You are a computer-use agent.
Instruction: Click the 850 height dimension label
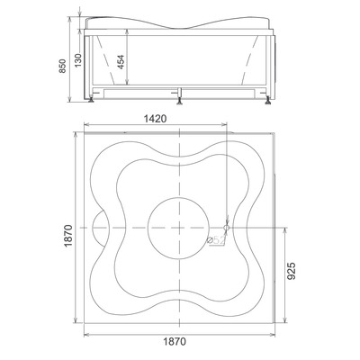pyautogui.click(x=62, y=66)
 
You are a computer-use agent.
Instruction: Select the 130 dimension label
pyautogui.click(x=78, y=60)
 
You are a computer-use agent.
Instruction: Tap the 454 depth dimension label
pyautogui.click(x=121, y=62)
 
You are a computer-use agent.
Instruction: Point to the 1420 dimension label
pyautogui.click(x=155, y=119)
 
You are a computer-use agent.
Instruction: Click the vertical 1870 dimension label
pyautogui.click(x=68, y=236)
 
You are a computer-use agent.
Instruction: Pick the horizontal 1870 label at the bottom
pyautogui.click(x=175, y=341)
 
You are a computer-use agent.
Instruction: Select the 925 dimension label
pyautogui.click(x=292, y=271)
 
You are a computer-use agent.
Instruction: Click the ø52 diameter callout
pyautogui.click(x=216, y=240)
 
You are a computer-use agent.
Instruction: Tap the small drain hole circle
pyautogui.click(x=227, y=228)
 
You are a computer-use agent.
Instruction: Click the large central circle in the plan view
pyautogui.click(x=179, y=198)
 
